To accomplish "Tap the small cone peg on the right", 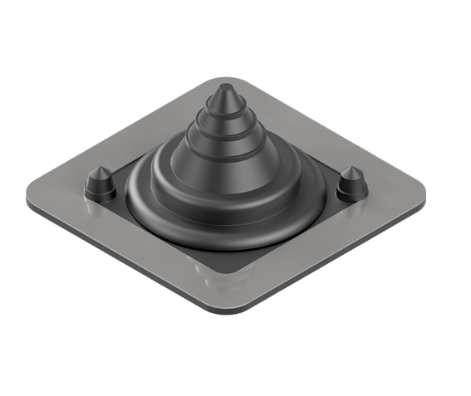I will coord(351,184).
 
